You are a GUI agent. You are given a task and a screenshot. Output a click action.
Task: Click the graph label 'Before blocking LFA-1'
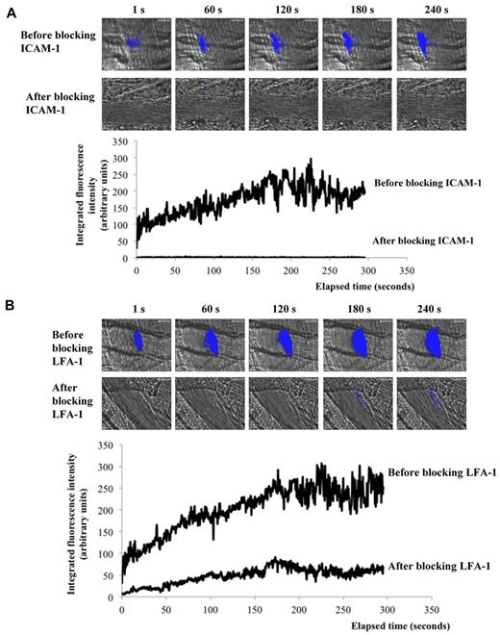pos(439,474)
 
